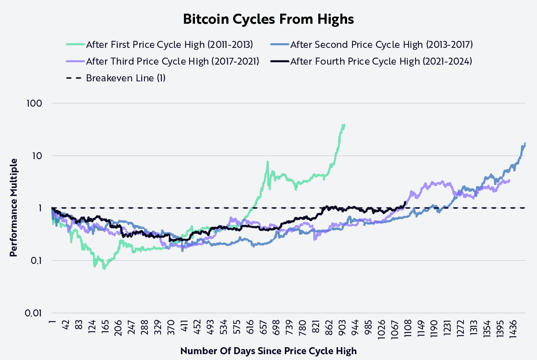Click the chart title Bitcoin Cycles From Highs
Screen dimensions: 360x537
point(268,19)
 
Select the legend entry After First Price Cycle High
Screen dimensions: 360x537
point(169,45)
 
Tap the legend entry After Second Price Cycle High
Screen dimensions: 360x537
point(381,45)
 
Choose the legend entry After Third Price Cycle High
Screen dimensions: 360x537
point(172,61)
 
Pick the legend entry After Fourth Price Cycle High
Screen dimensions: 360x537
point(381,61)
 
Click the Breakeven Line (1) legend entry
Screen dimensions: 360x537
point(125,78)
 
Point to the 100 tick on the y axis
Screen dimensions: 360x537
point(34,104)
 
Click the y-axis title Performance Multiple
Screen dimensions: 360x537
point(14,207)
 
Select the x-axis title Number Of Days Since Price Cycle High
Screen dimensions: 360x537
point(268,351)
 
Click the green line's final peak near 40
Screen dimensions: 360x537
point(344,125)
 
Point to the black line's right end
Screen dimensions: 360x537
point(405,202)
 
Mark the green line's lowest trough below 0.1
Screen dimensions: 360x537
point(104,269)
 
